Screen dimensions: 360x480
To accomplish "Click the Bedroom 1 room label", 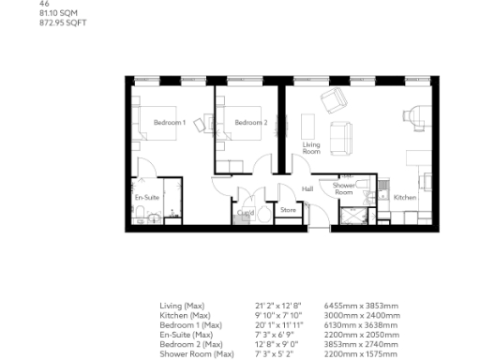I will (169, 122).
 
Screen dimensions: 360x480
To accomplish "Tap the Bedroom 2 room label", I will (250, 122).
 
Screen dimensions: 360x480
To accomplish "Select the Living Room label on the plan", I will (311, 147).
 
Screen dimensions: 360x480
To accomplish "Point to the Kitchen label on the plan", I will (404, 198).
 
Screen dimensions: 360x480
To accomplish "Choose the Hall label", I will (307, 189).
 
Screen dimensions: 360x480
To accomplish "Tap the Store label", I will (288, 211).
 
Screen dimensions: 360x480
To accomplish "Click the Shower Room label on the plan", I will (343, 189).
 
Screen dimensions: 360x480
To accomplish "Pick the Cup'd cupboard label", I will (247, 213).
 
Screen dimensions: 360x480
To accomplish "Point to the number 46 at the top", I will (44, 5).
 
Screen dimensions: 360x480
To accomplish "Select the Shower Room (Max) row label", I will (197, 352).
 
